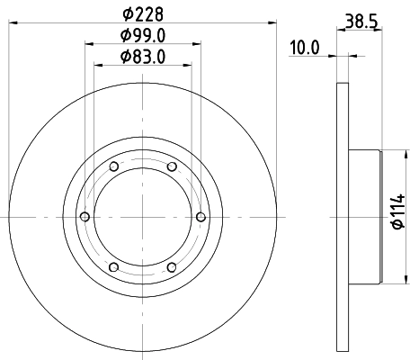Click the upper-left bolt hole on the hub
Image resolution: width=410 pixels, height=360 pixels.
pos(113,167)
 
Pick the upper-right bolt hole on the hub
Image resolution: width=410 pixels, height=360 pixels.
pos(171,167)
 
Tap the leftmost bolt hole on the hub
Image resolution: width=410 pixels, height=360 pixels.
pos(85,217)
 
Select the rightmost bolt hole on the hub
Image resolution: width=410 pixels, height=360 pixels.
pos(200,217)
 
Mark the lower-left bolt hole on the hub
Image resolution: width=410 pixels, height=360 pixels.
pos(113,266)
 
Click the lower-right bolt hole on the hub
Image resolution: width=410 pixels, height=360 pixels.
pos(171,266)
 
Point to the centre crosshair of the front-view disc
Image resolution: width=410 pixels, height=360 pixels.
pos(142,217)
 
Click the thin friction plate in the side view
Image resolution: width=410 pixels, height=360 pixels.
pos(343,217)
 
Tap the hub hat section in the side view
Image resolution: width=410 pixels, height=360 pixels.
pos(364,217)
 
